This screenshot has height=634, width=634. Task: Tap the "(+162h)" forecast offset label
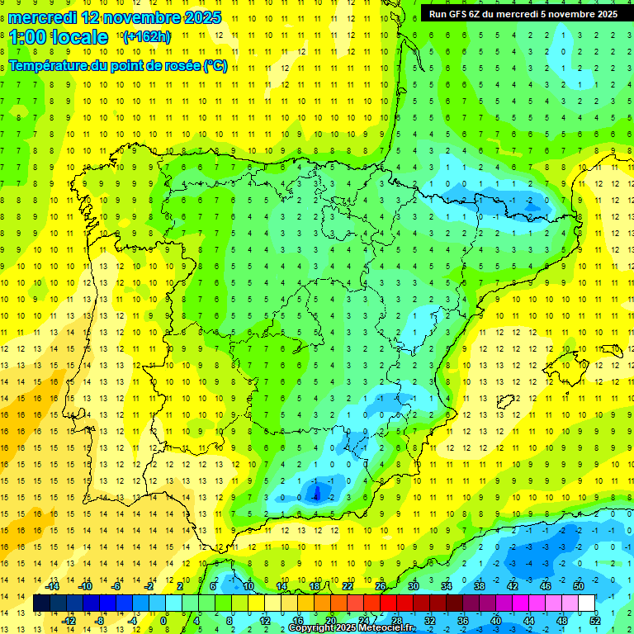click(x=147, y=37)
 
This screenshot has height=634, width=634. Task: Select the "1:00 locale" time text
click(x=59, y=37)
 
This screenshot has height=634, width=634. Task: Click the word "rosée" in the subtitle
click(x=179, y=66)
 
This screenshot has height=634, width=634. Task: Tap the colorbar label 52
click(x=594, y=621)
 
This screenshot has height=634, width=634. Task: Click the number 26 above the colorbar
click(x=381, y=586)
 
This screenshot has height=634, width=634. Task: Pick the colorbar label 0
click(x=163, y=621)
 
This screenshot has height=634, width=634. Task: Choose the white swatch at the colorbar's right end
click(x=586, y=603)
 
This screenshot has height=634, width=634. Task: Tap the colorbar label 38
click(x=479, y=586)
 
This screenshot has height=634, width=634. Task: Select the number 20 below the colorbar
click(x=330, y=621)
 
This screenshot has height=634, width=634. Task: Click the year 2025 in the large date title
click(x=203, y=17)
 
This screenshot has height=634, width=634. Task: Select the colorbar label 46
click(x=545, y=586)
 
